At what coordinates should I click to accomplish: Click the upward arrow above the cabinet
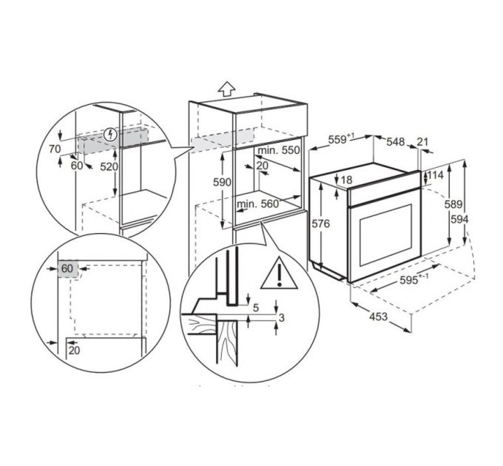tap(227, 88)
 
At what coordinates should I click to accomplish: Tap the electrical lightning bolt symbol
tap(111, 135)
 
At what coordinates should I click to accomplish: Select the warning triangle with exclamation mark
tap(279, 273)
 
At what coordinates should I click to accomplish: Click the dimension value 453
tap(379, 317)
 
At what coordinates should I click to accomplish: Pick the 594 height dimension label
tap(459, 220)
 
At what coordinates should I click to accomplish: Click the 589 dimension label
tap(453, 204)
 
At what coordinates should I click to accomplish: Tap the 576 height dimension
tap(321, 223)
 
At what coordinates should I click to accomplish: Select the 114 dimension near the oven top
tap(435, 175)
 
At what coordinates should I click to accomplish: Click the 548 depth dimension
tap(395, 141)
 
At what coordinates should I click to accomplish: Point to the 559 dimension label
tap(341, 139)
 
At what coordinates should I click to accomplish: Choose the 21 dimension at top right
tap(423, 141)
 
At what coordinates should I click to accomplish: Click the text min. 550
tap(279, 150)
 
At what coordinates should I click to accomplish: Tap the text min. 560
tap(258, 203)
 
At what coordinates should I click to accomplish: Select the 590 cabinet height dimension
tap(222, 182)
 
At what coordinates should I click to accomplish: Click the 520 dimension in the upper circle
tap(109, 166)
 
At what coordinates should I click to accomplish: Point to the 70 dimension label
tap(55, 149)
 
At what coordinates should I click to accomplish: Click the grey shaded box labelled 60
tap(68, 269)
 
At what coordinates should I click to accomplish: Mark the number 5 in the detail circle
tap(256, 308)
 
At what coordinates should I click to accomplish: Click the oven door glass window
tap(385, 234)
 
